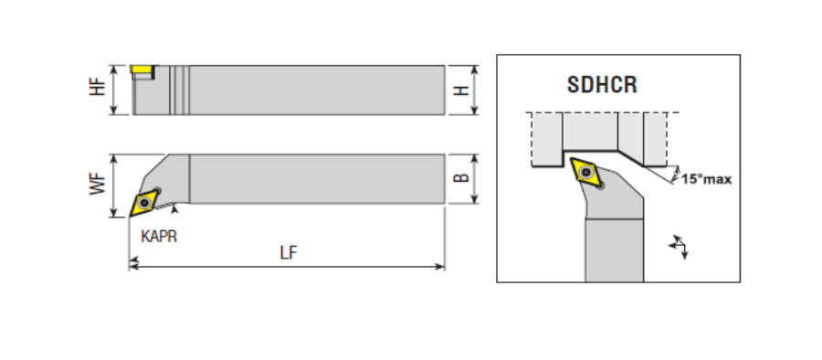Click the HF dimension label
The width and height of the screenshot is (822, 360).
click(x=98, y=87)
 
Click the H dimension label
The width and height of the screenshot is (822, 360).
click(x=461, y=90)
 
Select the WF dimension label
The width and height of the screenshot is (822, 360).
click(x=98, y=185)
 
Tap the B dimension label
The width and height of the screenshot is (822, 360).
click(x=461, y=178)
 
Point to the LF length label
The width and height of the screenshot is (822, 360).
click(x=289, y=253)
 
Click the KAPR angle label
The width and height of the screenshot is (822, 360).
click(x=159, y=237)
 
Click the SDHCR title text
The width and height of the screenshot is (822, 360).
click(x=603, y=85)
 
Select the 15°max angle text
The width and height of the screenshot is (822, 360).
click(x=706, y=179)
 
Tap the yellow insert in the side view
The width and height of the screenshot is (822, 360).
click(x=142, y=69)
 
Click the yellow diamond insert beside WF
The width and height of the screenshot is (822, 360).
click(x=143, y=202)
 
